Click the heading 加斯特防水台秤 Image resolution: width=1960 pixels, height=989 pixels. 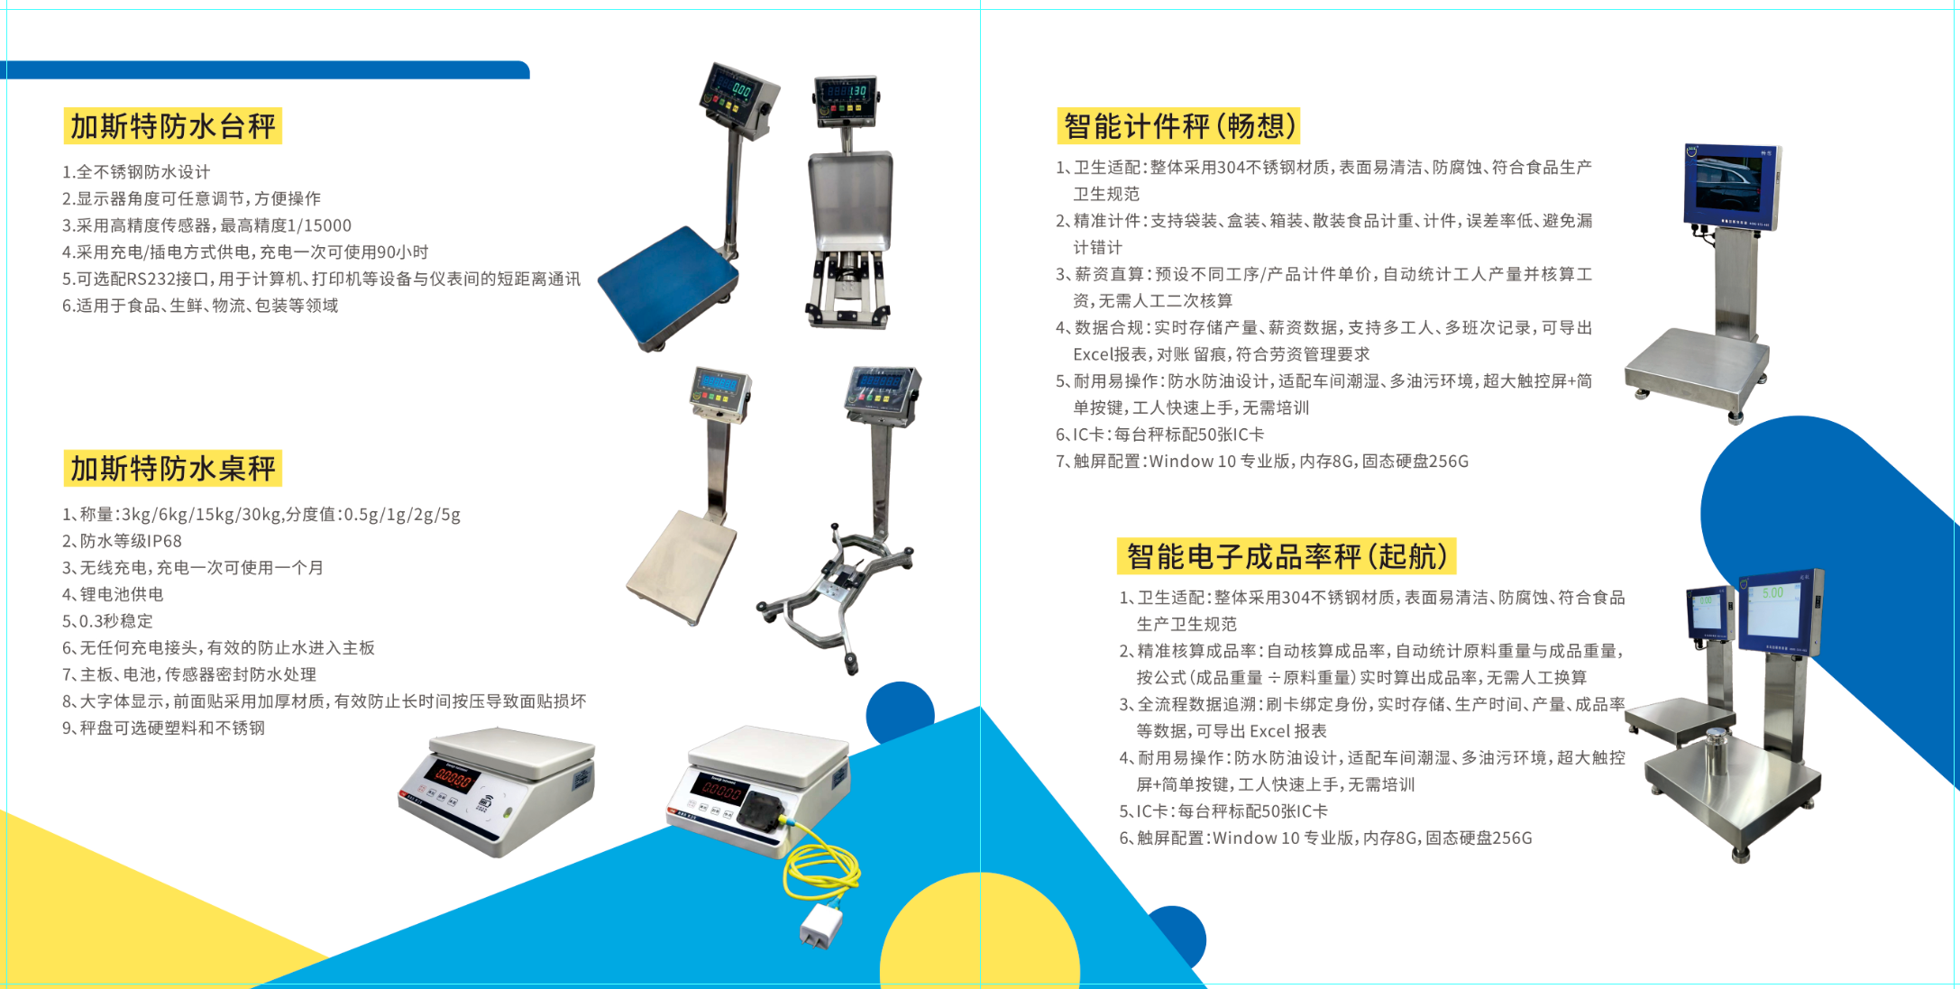click(173, 126)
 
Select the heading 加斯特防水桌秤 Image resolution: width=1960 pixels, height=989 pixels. click(173, 469)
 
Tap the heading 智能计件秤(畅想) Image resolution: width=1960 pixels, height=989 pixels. click(1180, 126)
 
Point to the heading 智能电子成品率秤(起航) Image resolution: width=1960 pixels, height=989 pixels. click(1287, 556)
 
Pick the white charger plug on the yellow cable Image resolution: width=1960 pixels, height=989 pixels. click(820, 926)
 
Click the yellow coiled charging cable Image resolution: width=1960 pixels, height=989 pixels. click(820, 865)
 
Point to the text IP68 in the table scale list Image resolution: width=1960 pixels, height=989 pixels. click(165, 541)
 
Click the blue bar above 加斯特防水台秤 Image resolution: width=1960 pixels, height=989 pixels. click(265, 70)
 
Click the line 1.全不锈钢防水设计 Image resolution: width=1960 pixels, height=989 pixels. click(136, 172)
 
